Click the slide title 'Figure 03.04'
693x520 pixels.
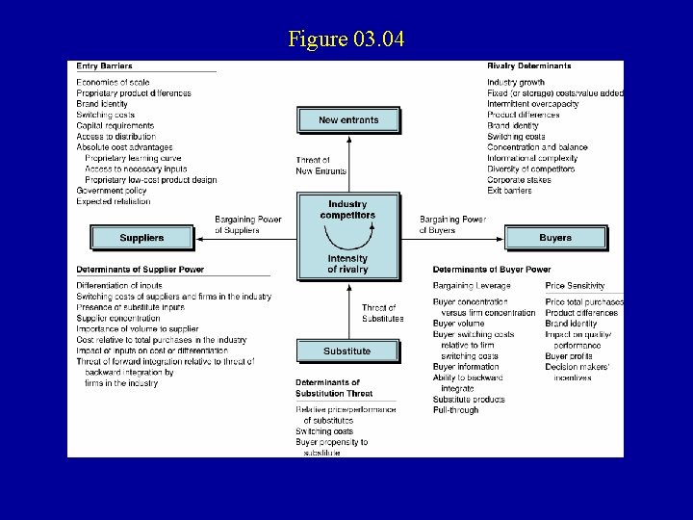346,39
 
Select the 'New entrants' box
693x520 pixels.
347,120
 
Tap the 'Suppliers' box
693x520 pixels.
141,237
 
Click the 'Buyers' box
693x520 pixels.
554,237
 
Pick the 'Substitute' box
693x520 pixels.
347,351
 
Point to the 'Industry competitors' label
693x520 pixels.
347,209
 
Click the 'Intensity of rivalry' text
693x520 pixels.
347,263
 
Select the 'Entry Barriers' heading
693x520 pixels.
105,65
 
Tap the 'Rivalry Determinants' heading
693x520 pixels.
528,65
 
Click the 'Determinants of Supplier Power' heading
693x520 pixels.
141,269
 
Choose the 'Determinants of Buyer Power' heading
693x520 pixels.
492,269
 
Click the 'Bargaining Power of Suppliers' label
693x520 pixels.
248,224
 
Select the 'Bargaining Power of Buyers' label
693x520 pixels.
452,224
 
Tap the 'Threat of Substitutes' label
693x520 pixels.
382,313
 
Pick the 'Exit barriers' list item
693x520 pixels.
509,190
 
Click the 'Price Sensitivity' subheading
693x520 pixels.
575,286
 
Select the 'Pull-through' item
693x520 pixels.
455,410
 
